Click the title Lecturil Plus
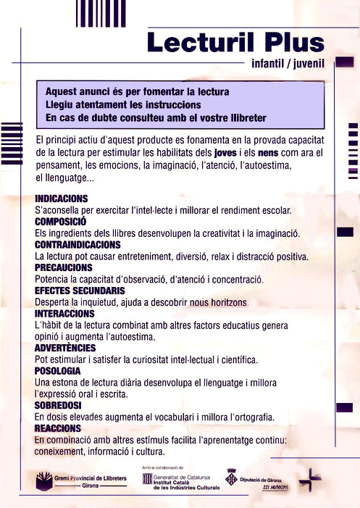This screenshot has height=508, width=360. point(234,42)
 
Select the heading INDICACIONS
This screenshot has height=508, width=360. point(62,199)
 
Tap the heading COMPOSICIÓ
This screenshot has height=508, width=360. point(61,221)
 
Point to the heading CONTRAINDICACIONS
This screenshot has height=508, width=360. point(80,244)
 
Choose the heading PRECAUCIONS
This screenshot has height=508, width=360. point(64,267)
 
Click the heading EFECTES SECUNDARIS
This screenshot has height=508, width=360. point(79,291)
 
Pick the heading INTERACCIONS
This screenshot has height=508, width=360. point(64,313)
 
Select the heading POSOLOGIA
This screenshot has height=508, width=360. point(58,371)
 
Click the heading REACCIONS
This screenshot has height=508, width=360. point(57,428)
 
